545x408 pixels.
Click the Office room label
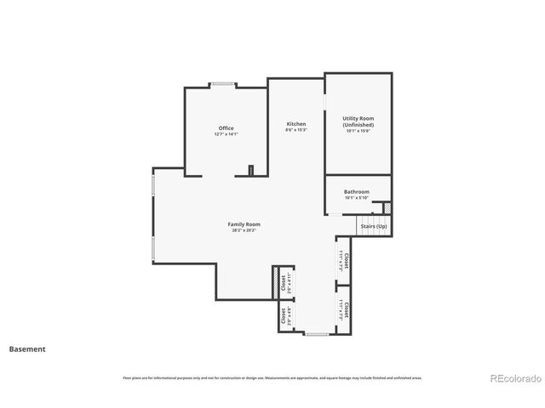tap(226, 128)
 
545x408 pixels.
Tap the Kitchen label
tap(295, 124)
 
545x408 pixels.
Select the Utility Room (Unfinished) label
tap(358, 122)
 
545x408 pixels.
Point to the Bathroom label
tap(357, 192)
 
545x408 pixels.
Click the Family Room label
tap(243, 224)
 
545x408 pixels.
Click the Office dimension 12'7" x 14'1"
tap(226, 135)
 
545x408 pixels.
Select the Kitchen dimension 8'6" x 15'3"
tap(295, 130)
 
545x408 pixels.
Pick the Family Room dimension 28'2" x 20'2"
tap(243, 230)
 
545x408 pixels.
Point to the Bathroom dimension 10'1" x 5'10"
tap(357, 198)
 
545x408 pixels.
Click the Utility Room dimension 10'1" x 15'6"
tap(358, 131)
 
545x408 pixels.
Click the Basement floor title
tap(27, 348)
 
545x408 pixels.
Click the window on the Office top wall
tap(225, 83)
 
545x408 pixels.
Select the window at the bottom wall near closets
tap(317, 334)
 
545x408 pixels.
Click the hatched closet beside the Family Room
tap(277, 283)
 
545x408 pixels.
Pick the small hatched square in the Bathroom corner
tap(387, 207)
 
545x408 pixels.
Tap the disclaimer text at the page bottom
tap(272, 377)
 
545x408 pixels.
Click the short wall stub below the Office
tap(251, 171)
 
